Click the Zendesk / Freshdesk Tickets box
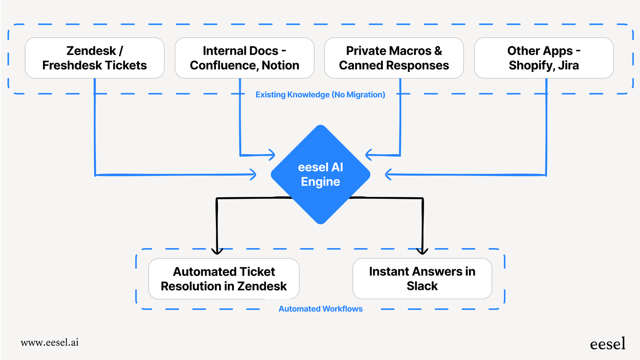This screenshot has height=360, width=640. click(x=94, y=58)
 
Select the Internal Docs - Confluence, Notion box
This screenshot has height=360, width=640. click(x=244, y=58)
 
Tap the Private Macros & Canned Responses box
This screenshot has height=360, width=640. click(x=394, y=58)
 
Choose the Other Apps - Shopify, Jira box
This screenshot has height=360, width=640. click(x=544, y=58)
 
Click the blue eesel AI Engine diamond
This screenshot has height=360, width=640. click(x=320, y=174)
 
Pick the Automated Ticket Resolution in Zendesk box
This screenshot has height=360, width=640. click(x=224, y=279)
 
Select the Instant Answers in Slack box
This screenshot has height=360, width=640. click(x=422, y=278)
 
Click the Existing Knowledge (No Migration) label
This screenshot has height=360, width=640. click(x=320, y=94)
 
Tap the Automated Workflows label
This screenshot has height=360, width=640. click(x=320, y=309)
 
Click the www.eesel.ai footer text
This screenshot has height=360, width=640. click(x=50, y=342)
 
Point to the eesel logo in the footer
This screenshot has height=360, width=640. click(x=607, y=344)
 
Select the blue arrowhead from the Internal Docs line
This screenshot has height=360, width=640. click(x=272, y=155)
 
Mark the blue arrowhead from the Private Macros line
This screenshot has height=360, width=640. click(x=368, y=155)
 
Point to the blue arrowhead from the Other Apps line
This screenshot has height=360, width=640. click(x=388, y=174)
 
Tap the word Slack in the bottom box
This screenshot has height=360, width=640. click(x=422, y=286)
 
